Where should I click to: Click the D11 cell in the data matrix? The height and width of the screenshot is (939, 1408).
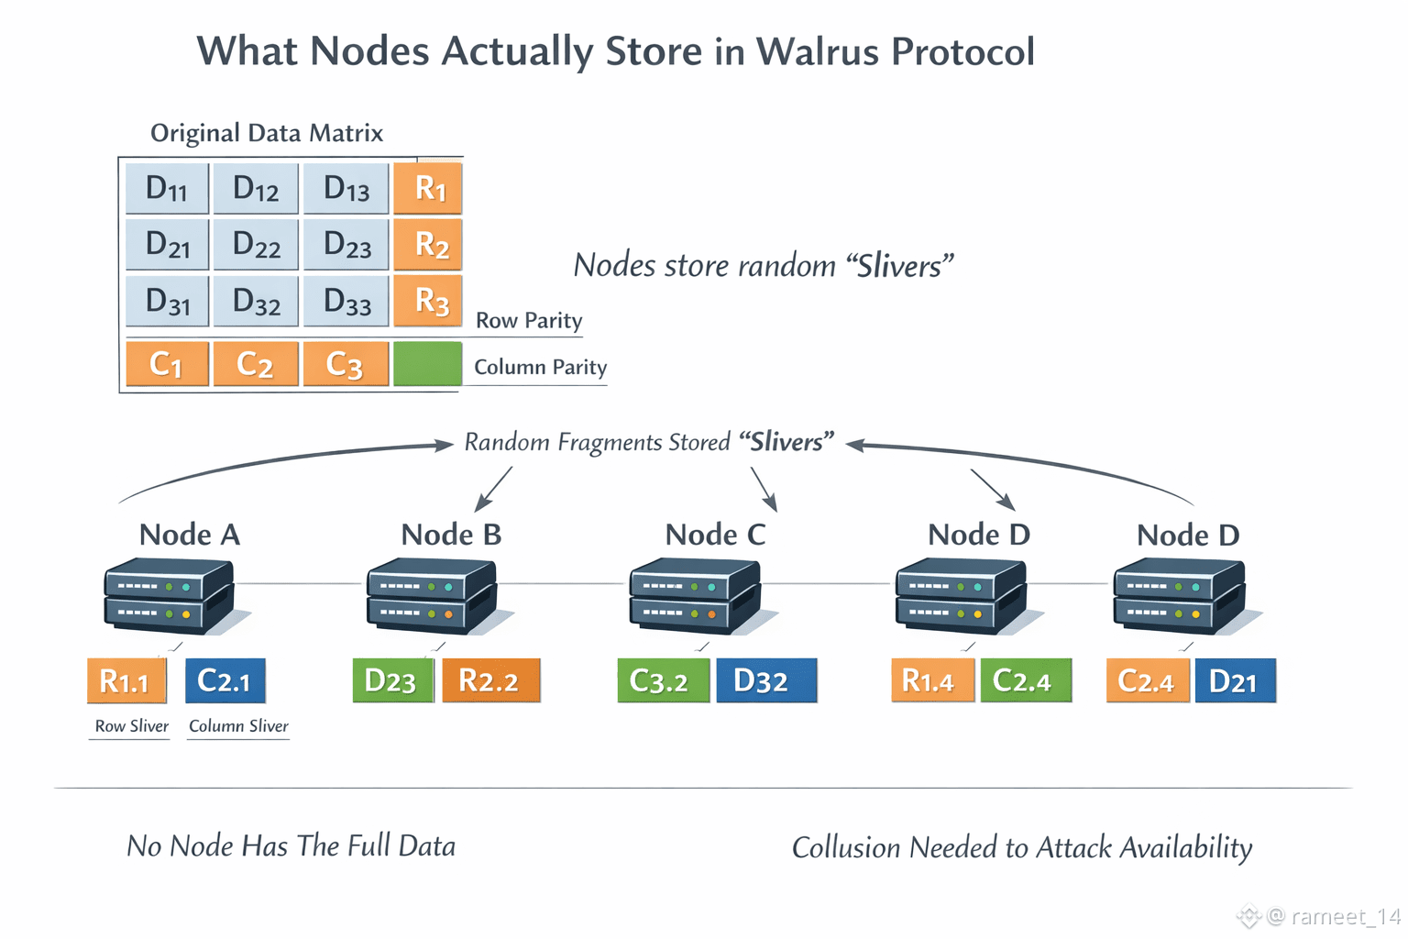coord(167,189)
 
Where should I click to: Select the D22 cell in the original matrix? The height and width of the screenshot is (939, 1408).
coord(256,245)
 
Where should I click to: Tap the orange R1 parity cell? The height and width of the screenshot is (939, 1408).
coord(428,189)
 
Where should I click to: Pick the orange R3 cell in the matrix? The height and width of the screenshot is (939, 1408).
coord(428,301)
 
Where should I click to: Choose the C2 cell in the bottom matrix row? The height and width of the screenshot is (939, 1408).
coord(255,364)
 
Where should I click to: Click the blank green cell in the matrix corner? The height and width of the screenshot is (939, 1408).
coord(427,364)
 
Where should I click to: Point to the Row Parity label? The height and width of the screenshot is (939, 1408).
coord(529,321)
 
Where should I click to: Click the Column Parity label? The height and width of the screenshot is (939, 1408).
coord(540,368)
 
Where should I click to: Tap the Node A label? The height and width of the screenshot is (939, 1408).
coord(189,535)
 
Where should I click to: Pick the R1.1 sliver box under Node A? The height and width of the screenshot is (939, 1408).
coord(126,681)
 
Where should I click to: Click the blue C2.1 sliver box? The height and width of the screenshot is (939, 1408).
coord(225,681)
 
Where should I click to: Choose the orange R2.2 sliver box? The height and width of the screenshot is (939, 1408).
coord(490,681)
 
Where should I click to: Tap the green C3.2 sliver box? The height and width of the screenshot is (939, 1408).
coord(663,681)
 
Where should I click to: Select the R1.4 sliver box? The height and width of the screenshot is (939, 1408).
coord(932,681)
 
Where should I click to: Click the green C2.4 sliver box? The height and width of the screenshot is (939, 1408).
coord(1025,681)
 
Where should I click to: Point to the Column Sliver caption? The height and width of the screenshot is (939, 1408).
coord(238,726)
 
